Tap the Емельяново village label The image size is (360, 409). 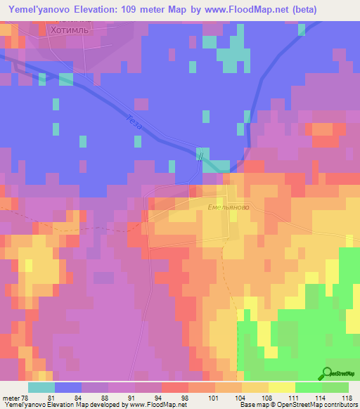tap(229, 207)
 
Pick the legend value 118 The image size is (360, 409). tap(346, 397)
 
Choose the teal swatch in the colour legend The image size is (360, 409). tap(41, 387)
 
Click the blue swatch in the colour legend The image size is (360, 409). tap(68, 387)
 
